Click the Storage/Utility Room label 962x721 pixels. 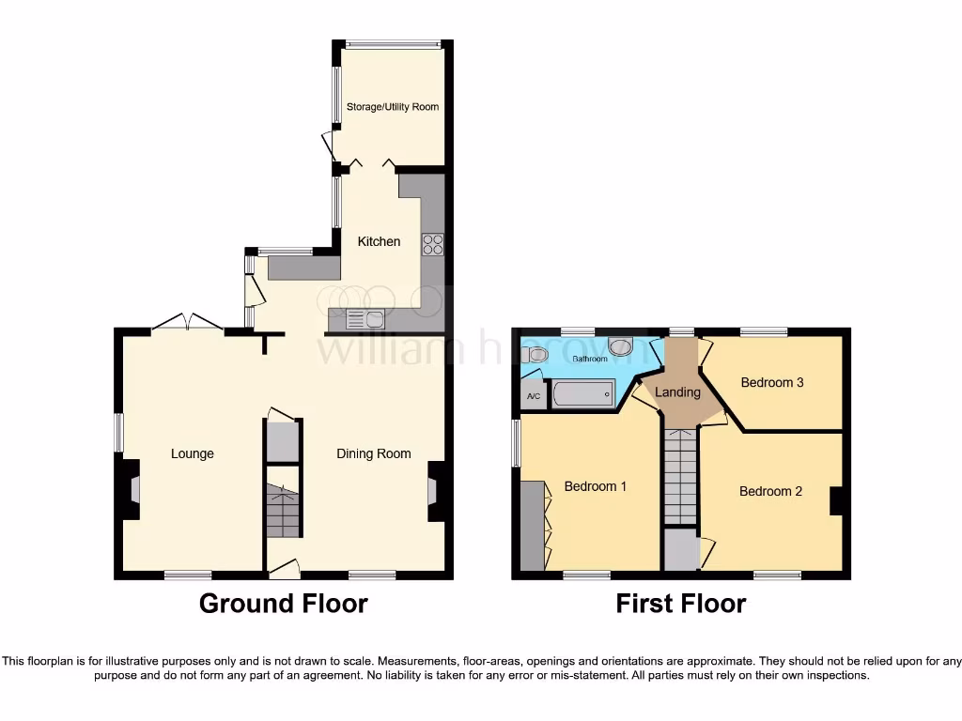click(393, 107)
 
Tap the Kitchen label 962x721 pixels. click(379, 241)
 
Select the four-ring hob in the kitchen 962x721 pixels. click(433, 244)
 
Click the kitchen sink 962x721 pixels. click(365, 319)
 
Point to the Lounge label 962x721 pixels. click(192, 453)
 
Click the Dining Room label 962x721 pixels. click(374, 453)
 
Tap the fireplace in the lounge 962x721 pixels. click(132, 489)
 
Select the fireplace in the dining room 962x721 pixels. click(435, 490)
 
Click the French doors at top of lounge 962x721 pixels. click(188, 323)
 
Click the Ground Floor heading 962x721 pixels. click(283, 604)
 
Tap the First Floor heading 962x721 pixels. click(680, 604)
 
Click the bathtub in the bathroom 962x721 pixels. click(582, 393)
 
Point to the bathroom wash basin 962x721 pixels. click(621, 346)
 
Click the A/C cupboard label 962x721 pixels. click(534, 396)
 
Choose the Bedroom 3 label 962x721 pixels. click(771, 382)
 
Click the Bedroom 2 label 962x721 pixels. click(770, 491)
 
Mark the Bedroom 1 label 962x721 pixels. click(595, 486)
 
